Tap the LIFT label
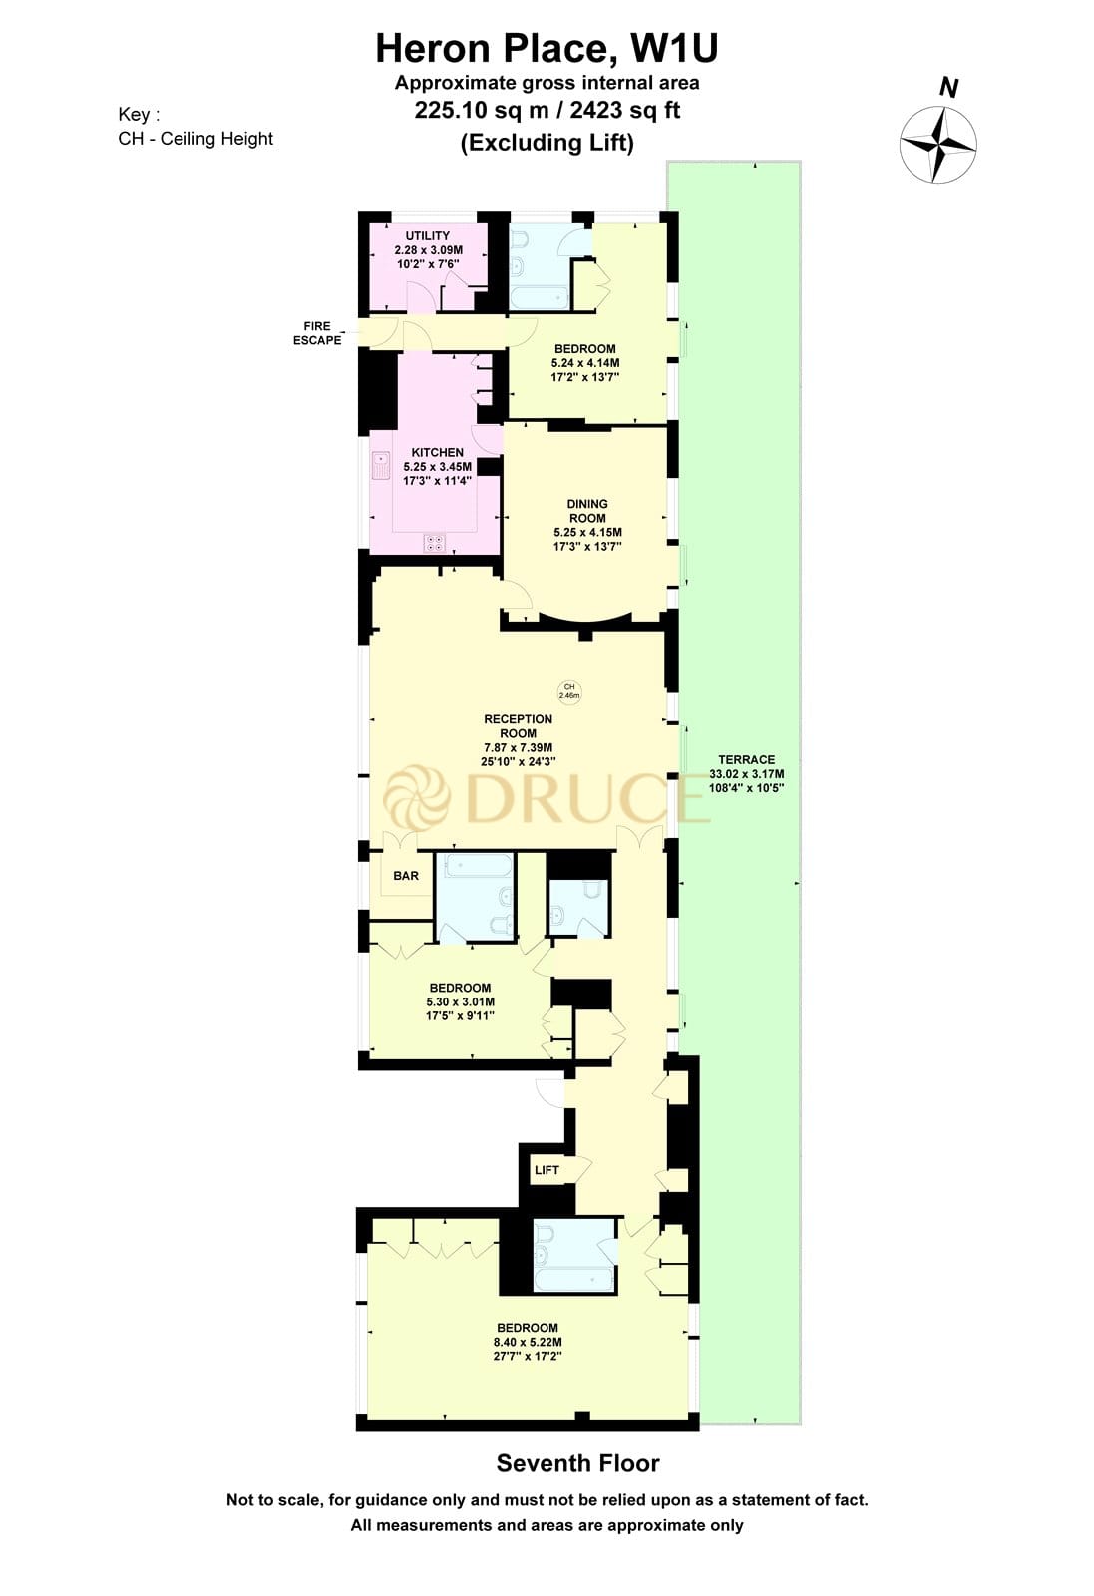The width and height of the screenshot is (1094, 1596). click(547, 1170)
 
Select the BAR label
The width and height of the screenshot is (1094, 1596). click(406, 876)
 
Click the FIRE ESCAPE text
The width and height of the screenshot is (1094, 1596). click(316, 333)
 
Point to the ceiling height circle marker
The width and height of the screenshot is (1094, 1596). click(569, 691)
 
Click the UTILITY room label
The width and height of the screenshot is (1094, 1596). click(427, 236)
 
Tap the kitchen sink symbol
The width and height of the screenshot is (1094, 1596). click(380, 466)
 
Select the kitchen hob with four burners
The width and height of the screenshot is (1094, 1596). click(435, 543)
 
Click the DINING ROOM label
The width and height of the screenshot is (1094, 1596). click(587, 511)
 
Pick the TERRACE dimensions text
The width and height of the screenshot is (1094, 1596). click(746, 780)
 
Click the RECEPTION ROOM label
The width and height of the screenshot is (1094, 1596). click(518, 726)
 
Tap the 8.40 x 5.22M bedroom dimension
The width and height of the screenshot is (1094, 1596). click(527, 1342)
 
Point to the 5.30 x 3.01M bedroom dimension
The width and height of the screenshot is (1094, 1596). click(460, 1002)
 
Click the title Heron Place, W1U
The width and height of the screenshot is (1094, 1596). click(547, 48)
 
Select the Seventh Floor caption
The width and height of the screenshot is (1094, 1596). click(577, 1463)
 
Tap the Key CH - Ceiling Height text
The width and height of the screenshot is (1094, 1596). click(195, 139)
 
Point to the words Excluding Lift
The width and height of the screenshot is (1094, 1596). click(547, 142)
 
